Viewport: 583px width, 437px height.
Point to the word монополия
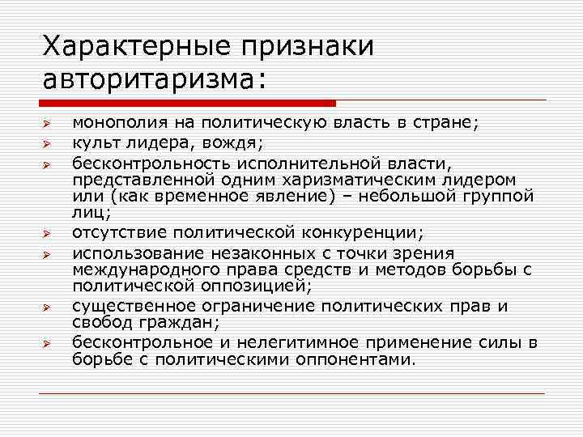(112, 125)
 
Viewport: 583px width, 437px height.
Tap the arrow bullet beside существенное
(48, 308)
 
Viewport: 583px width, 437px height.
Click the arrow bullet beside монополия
(48, 126)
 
